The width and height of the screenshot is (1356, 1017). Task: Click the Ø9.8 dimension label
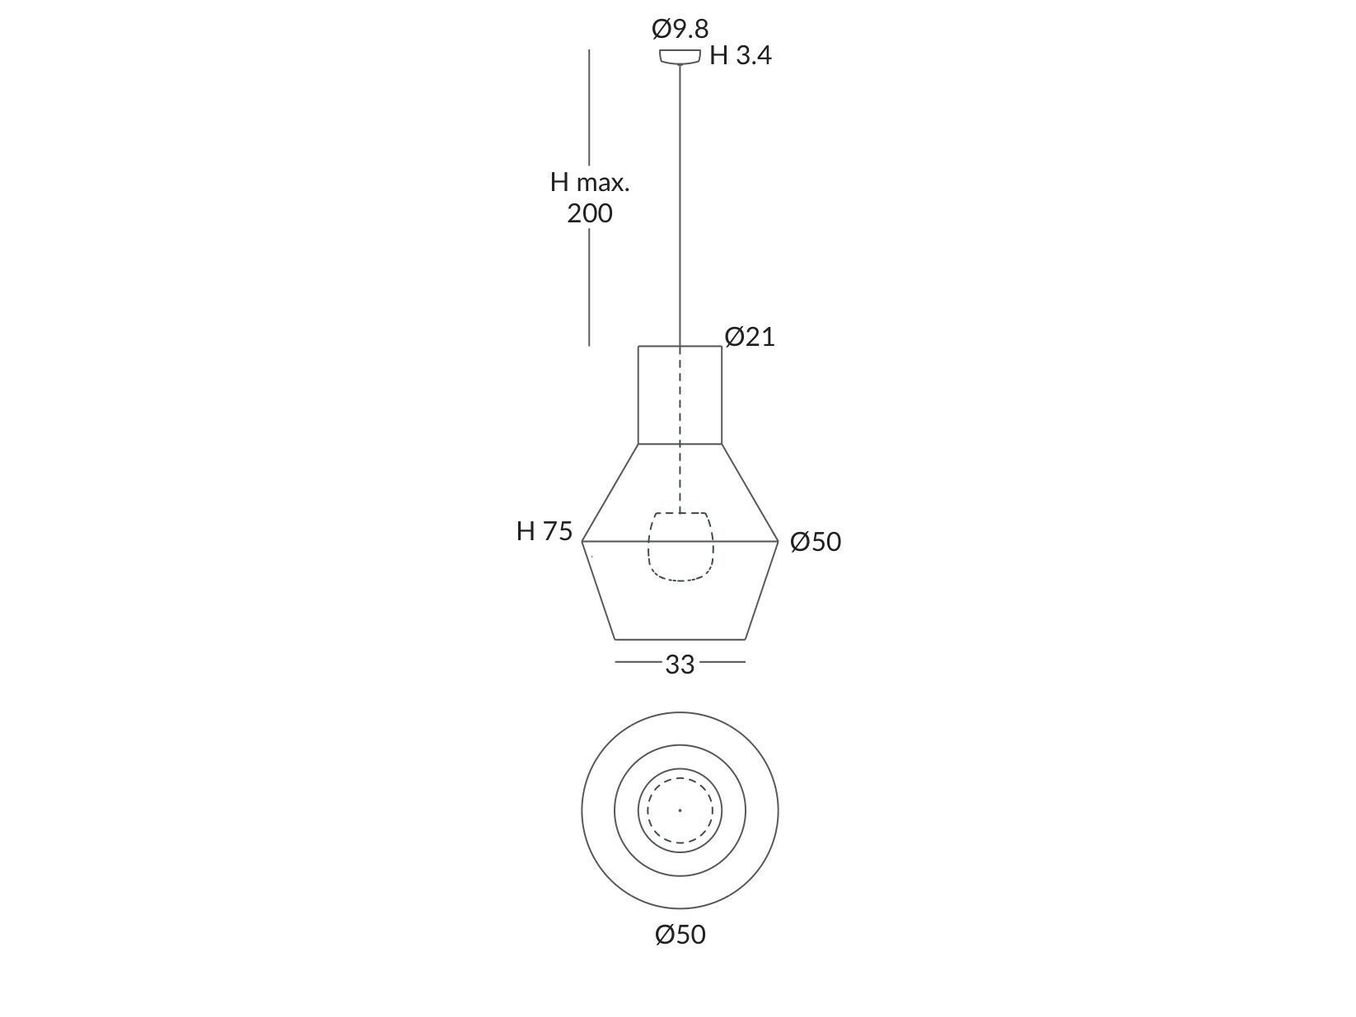click(x=680, y=29)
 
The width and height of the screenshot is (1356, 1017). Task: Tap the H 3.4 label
click(x=740, y=56)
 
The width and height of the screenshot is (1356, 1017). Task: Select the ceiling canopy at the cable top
click(x=680, y=57)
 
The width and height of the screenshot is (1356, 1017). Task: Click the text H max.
click(x=590, y=182)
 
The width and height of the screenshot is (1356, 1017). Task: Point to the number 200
click(x=590, y=213)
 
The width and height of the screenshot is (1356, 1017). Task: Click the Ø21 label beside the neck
click(x=750, y=337)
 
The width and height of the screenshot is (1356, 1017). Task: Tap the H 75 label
click(x=544, y=531)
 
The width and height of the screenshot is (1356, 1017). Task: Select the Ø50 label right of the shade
click(x=816, y=542)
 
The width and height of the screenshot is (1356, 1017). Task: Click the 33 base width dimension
click(x=680, y=664)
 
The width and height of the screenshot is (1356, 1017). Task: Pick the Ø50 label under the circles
click(x=680, y=935)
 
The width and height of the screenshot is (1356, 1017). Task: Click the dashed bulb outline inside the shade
click(x=680, y=547)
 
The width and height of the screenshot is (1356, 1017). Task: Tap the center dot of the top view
click(x=680, y=810)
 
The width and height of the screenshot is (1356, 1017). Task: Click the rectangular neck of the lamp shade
click(x=680, y=395)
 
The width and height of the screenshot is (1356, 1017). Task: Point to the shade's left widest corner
click(x=582, y=541)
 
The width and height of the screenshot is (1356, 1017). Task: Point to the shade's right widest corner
click(x=778, y=541)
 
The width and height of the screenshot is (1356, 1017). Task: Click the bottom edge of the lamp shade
click(x=680, y=639)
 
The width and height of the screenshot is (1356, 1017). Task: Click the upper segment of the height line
click(x=589, y=107)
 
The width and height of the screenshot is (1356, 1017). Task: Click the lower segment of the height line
click(x=589, y=288)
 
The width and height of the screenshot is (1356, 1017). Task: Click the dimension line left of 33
click(x=636, y=661)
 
